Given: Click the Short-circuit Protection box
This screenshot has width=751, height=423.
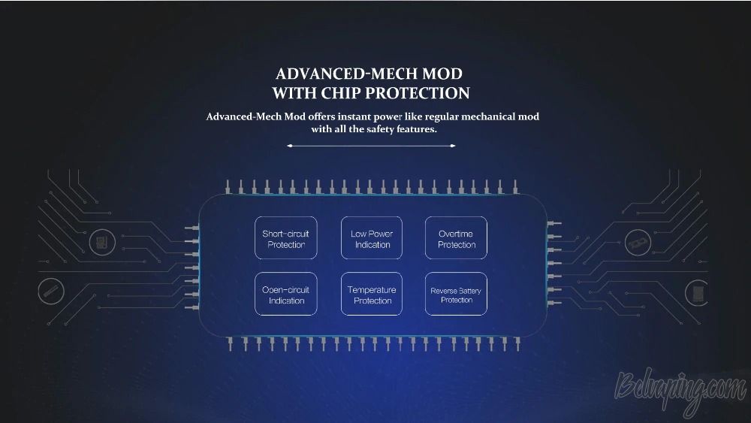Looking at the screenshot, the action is click(x=286, y=238).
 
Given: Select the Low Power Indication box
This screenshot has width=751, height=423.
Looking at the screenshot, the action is click(x=372, y=238).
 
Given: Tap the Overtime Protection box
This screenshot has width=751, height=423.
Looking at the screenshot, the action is click(x=456, y=238).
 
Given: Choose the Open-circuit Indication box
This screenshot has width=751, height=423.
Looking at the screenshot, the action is click(x=286, y=294).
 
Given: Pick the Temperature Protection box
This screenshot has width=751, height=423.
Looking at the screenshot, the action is click(x=372, y=294).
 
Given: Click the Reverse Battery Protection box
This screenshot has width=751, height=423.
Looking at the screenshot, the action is click(x=456, y=294).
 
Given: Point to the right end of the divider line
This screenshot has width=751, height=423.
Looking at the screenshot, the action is click(x=454, y=146).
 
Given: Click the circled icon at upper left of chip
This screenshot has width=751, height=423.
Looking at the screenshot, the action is click(x=102, y=242).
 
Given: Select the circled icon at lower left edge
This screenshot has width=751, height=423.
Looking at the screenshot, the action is click(x=51, y=292).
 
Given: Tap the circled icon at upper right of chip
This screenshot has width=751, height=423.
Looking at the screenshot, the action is click(x=638, y=243).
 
